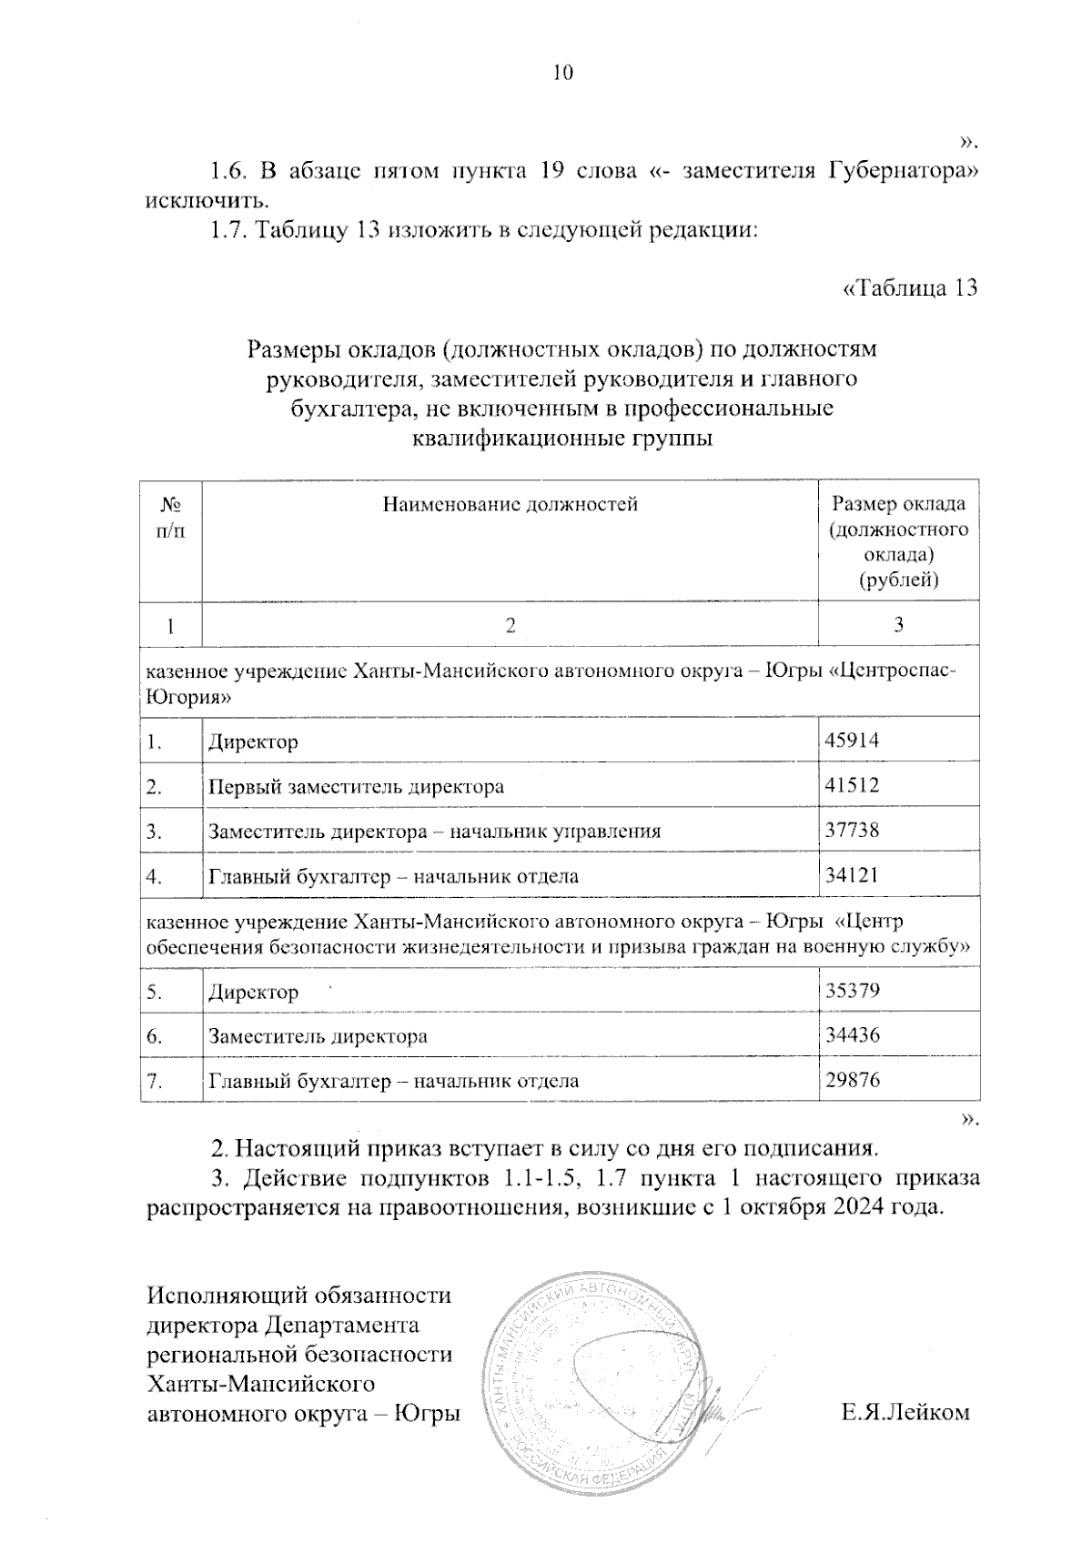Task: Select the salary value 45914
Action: click(x=851, y=741)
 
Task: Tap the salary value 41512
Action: click(x=851, y=785)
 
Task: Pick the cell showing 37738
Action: click(x=851, y=831)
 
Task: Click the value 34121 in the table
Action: click(x=851, y=876)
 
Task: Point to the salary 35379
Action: click(x=851, y=991)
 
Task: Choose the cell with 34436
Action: click(x=851, y=1035)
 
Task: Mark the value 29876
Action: click(x=851, y=1081)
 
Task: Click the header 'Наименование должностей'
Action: click(x=510, y=504)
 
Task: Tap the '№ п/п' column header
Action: click(x=170, y=518)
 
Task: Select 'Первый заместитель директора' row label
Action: click(x=356, y=786)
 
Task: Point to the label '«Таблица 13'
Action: click(x=911, y=288)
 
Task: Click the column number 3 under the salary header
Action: click(x=898, y=624)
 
